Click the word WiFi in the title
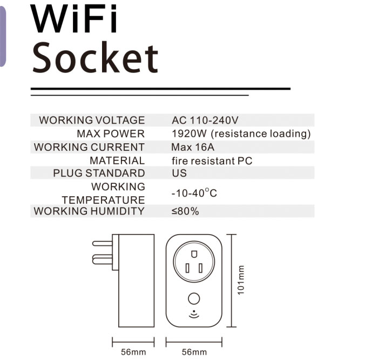pos(74,18)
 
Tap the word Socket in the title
pos(95,58)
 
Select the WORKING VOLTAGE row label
pos(92,120)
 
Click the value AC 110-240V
pos(205,120)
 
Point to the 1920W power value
pos(189,134)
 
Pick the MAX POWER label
pos(111,134)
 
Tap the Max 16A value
pos(193,147)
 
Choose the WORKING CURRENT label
pos(89,147)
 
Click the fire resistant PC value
pos(212,161)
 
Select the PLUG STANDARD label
pos(99,173)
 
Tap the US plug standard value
pos(179,173)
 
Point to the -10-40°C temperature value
pos(194,193)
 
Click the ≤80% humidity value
pos(185,211)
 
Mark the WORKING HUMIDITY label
pos(89,211)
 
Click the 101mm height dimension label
pos(241,280)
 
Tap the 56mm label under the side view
pos(133,352)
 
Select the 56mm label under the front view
pos(194,352)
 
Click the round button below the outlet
pos(194,299)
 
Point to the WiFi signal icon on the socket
pos(194,314)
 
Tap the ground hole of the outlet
pos(194,255)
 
